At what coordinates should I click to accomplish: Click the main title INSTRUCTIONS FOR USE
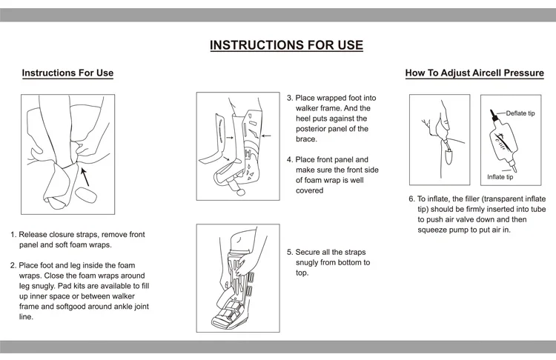(286, 45)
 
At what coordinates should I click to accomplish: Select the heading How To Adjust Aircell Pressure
(474, 73)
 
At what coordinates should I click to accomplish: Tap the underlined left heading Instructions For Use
(67, 73)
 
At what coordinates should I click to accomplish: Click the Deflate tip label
(520, 113)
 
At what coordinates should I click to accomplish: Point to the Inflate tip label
(500, 177)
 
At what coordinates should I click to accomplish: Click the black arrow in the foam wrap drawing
(85, 177)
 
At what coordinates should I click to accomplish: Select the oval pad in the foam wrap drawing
(86, 196)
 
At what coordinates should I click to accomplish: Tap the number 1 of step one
(13, 235)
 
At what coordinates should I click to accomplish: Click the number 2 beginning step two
(13, 265)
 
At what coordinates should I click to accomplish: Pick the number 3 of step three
(289, 99)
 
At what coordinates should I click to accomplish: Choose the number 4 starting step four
(289, 160)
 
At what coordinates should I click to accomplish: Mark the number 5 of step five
(289, 253)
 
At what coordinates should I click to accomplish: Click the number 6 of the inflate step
(411, 199)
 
